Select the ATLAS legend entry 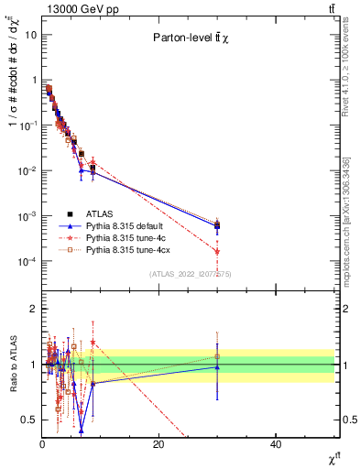tap(102, 213)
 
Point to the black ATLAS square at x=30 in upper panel tap(217, 224)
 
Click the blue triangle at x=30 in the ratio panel tap(217, 366)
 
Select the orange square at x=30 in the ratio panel tap(217, 356)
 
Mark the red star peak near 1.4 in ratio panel tap(93, 343)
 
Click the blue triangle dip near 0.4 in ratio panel tap(82, 431)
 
